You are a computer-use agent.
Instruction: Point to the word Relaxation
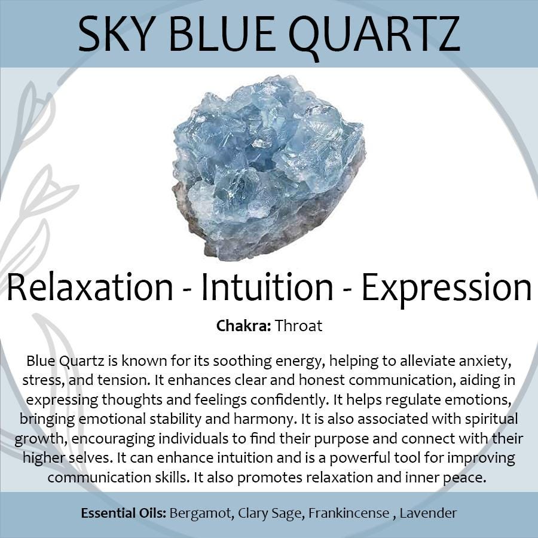(x=90, y=287)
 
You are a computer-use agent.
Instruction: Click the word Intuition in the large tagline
(x=267, y=286)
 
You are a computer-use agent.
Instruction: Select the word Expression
(x=447, y=289)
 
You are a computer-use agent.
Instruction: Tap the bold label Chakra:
(x=244, y=326)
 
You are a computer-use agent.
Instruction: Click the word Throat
(x=298, y=326)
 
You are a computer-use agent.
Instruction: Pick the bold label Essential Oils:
(x=124, y=513)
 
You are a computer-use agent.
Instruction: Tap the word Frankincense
(x=349, y=513)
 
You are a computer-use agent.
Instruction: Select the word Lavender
(x=428, y=513)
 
